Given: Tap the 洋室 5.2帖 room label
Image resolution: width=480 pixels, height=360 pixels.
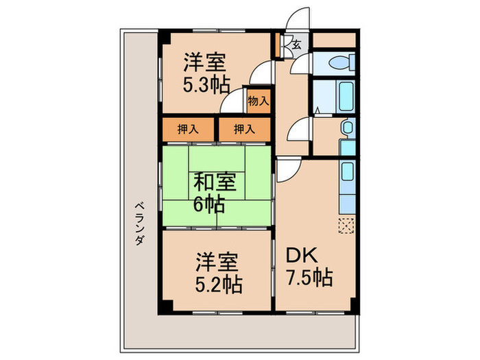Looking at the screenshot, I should pos(218,270).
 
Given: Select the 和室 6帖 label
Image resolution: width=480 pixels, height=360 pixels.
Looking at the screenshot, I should pos(215,193).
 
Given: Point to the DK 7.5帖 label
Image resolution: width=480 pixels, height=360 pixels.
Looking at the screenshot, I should pos(309,267).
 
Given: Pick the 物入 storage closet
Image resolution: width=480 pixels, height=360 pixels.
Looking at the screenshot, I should pos(258,101).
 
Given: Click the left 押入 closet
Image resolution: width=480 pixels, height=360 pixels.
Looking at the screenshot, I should pos(188,128).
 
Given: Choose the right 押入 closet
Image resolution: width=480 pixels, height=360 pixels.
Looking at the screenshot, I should pos(244,128).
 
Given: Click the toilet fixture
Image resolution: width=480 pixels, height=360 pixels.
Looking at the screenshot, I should pos(339,63).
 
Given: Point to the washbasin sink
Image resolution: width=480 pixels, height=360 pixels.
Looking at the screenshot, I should pos(347,128).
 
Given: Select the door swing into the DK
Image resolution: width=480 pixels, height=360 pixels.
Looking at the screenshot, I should pos(287,170).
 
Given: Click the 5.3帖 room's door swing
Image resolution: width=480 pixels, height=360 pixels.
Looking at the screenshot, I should pos(259,74).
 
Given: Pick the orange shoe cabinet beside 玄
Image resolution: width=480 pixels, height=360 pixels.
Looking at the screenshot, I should pos(280,46).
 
